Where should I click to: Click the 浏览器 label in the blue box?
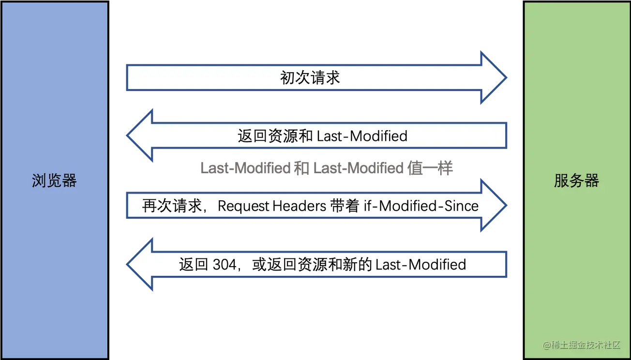click(x=54, y=181)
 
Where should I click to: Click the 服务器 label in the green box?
click(x=576, y=181)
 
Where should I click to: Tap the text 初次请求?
click(x=310, y=78)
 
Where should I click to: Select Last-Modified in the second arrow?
click(x=362, y=136)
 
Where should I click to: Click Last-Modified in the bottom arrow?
click(x=421, y=265)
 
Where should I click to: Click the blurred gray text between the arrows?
click(x=327, y=167)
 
